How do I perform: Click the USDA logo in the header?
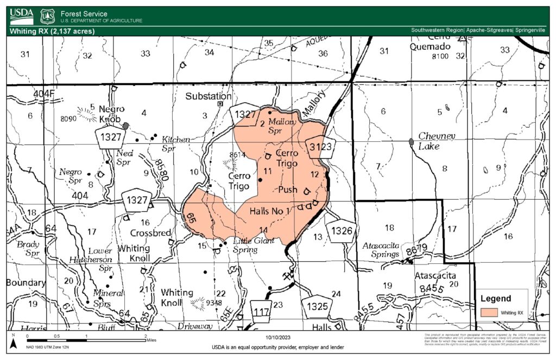(x=21, y=15)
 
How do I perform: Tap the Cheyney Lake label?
(x=437, y=141)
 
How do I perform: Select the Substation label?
(x=208, y=96)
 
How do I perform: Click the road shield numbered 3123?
(x=320, y=147)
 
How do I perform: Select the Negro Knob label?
(x=112, y=113)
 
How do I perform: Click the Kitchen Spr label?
(x=176, y=143)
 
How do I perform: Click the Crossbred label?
(x=151, y=233)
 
